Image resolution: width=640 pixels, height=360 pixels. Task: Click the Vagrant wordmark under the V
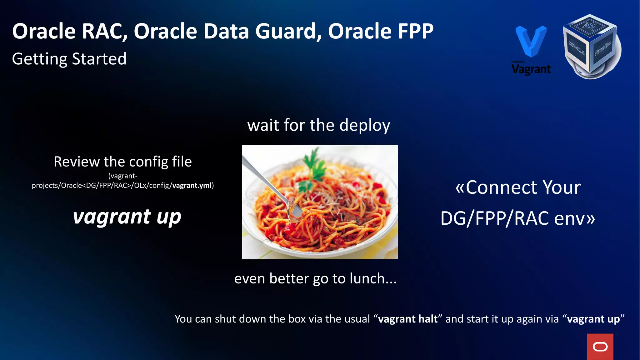[x=531, y=69]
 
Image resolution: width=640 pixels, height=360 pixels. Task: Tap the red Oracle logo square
[x=600, y=347]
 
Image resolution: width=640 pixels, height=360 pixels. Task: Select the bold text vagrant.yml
[x=192, y=186]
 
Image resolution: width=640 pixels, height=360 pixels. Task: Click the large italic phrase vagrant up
[x=127, y=217]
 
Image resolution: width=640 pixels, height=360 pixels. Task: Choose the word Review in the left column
[x=77, y=162]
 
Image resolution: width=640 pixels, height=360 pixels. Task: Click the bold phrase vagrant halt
[x=408, y=319]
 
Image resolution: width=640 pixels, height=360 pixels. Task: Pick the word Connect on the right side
[x=502, y=187]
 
